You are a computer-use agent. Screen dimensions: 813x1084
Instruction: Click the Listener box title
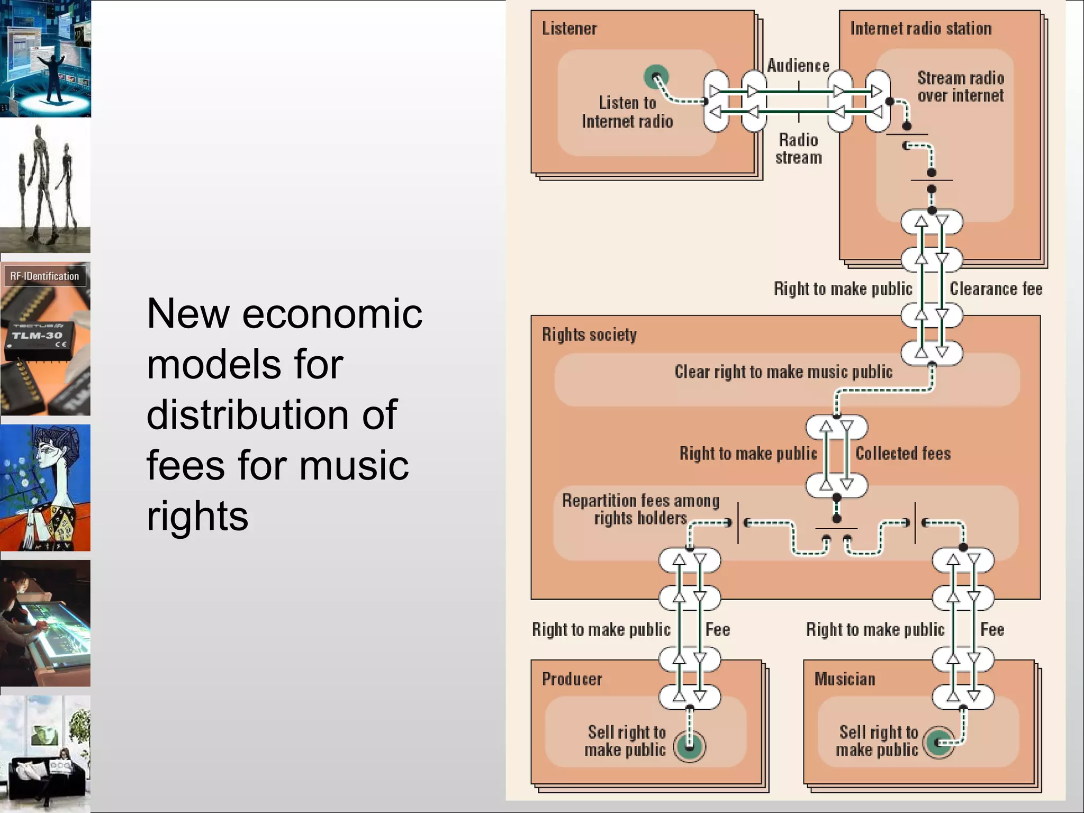click(x=569, y=29)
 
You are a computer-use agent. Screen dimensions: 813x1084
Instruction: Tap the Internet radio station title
click(x=920, y=29)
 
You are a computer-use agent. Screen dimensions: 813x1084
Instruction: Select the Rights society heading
click(x=589, y=335)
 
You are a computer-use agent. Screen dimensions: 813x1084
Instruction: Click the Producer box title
click(x=572, y=679)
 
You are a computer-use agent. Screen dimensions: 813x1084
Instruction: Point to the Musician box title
click(x=845, y=679)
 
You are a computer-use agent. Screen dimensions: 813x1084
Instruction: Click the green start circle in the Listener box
click(x=656, y=77)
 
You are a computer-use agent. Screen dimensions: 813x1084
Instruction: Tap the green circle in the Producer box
click(x=689, y=747)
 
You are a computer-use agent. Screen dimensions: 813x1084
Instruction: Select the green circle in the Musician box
click(x=939, y=743)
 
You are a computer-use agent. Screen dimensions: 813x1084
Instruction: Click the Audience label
click(x=798, y=66)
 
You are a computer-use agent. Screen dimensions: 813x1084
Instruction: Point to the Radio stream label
click(x=798, y=149)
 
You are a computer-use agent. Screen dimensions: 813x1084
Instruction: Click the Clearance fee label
click(x=996, y=289)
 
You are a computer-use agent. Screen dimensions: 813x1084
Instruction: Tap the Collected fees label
click(x=903, y=454)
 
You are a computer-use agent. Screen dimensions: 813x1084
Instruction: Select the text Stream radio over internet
click(x=960, y=87)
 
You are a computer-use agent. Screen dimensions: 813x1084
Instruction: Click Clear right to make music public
click(x=783, y=372)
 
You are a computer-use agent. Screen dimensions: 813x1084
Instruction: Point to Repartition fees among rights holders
click(x=640, y=509)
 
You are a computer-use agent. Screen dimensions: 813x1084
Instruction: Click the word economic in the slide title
click(x=332, y=314)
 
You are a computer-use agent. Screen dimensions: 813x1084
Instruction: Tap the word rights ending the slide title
click(x=197, y=516)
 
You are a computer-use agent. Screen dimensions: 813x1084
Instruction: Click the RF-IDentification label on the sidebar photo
click(x=44, y=276)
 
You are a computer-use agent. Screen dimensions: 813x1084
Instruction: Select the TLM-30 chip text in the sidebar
click(x=37, y=336)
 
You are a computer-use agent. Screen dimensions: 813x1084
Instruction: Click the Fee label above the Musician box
click(x=992, y=630)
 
